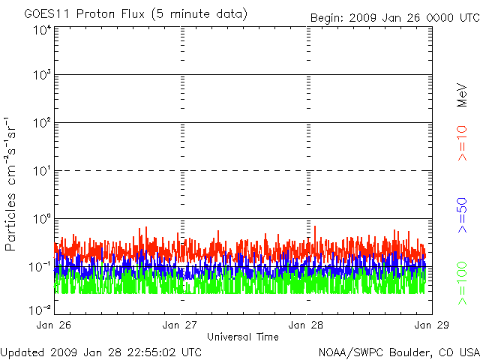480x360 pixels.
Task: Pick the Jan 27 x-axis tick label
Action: click(181, 325)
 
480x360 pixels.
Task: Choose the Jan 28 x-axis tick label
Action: click(306, 325)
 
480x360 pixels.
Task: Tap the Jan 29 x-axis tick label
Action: click(430, 325)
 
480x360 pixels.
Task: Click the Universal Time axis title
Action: click(243, 337)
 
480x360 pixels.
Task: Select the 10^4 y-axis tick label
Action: click(42, 30)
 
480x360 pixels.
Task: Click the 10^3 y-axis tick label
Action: click(42, 75)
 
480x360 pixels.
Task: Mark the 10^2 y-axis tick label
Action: click(42, 123)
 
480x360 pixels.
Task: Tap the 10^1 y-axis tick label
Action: click(42, 171)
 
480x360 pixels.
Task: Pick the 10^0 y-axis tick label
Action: click(42, 219)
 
